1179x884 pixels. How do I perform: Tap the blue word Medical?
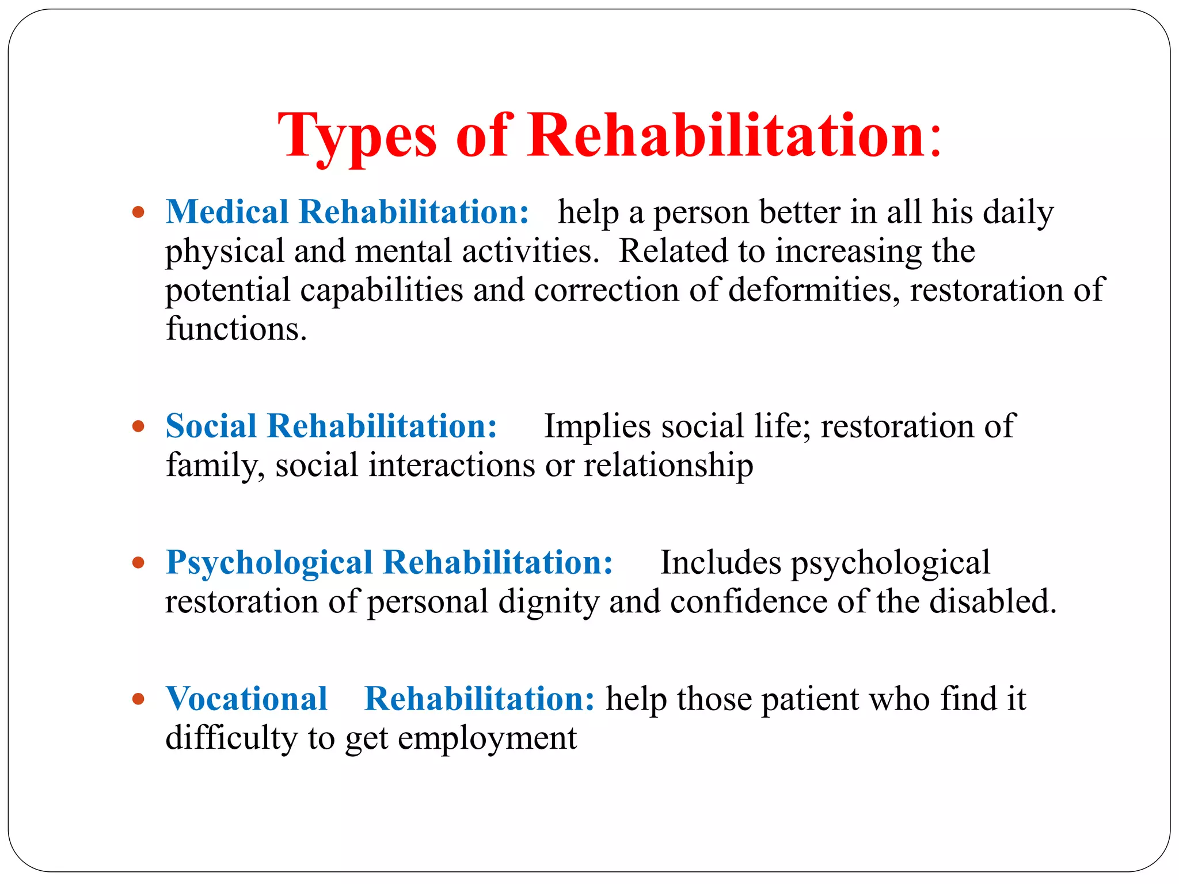click(227, 212)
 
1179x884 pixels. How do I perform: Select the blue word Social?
click(211, 426)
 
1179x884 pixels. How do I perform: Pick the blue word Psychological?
click(269, 563)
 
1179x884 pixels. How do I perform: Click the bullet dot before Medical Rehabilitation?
click(138, 212)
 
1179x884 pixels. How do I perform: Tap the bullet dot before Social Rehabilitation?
click(138, 426)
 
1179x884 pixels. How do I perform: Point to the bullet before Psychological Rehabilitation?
click(138, 562)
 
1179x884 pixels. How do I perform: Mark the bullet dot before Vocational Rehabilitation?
click(138, 699)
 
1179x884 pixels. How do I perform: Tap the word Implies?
click(598, 427)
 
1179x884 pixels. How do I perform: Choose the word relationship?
click(668, 465)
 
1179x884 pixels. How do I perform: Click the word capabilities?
click(381, 289)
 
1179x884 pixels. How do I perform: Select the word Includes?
click(720, 563)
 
